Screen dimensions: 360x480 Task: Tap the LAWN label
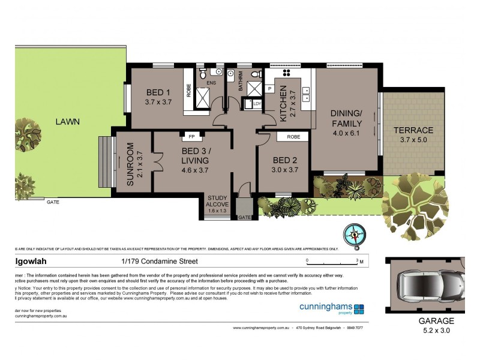[68, 121]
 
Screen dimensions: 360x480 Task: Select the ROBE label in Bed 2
[293, 137]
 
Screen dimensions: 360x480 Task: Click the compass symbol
[354, 235]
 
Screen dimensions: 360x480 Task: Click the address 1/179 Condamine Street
[156, 261]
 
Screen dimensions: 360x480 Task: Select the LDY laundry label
[258, 103]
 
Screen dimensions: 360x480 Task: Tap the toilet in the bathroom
[255, 74]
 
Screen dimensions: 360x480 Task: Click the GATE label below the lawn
[53, 202]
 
